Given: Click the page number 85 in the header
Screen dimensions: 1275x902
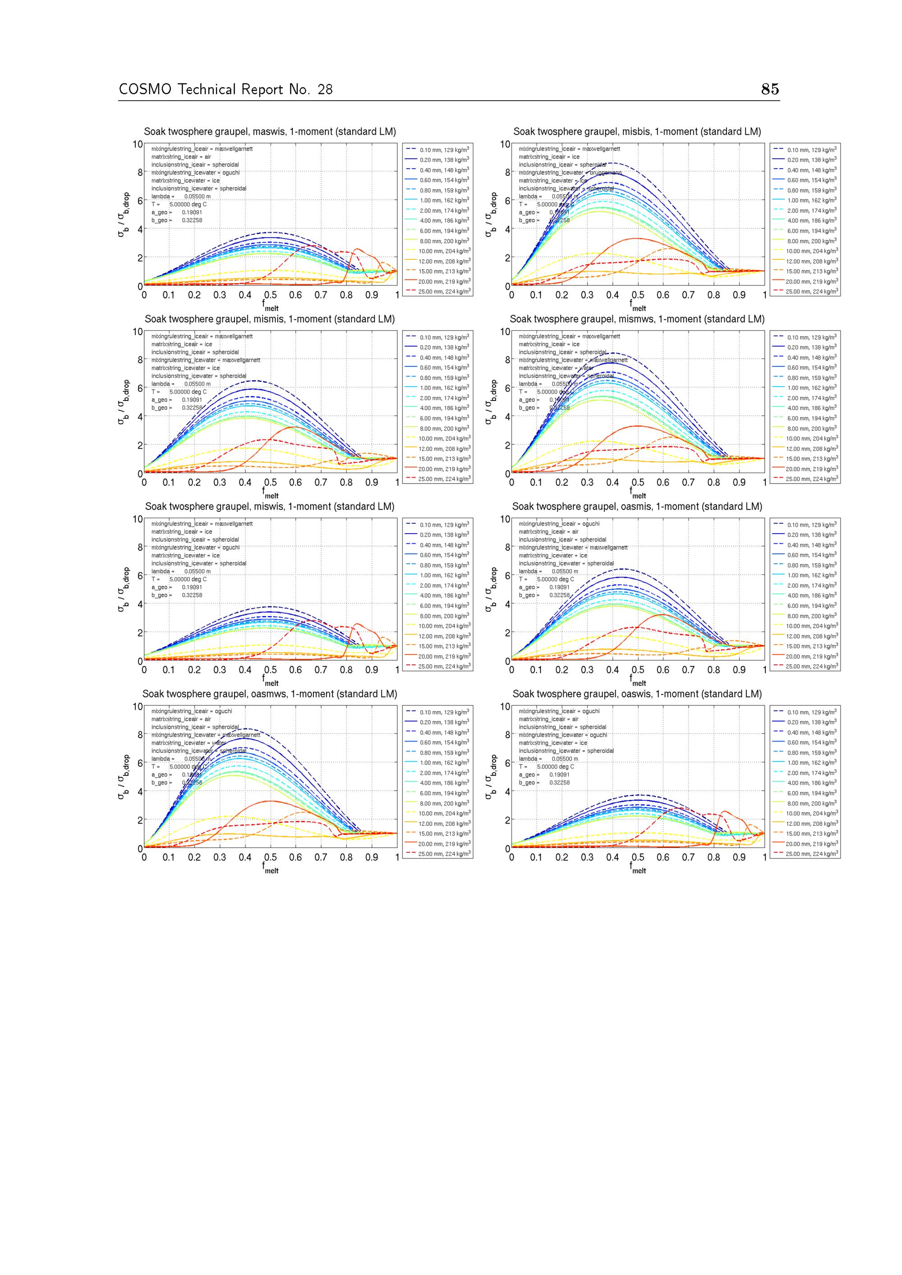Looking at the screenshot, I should coord(770,89).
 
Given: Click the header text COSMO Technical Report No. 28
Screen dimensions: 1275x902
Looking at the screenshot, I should coord(225,89).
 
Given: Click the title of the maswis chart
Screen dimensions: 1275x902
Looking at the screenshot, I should coord(270,132).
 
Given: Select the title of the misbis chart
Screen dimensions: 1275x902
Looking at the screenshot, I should coord(637,132).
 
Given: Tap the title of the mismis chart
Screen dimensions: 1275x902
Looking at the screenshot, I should coord(270,319).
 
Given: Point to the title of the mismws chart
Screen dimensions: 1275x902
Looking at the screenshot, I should coord(637,319).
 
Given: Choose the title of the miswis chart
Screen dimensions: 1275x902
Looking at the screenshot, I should coord(270,506).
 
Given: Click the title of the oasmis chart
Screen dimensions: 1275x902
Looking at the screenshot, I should coord(637,506).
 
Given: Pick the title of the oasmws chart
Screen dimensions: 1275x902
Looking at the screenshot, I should coord(270,694).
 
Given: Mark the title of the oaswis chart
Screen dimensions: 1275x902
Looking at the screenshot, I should coord(637,694).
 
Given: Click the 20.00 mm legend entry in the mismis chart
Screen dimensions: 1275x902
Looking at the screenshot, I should coord(444,469).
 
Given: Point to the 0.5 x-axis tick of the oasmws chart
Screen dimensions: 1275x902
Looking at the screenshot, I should coord(271,857).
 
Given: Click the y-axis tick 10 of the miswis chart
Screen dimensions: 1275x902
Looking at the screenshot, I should coord(137,519).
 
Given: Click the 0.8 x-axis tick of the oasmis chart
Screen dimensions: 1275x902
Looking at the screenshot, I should coord(713,670).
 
